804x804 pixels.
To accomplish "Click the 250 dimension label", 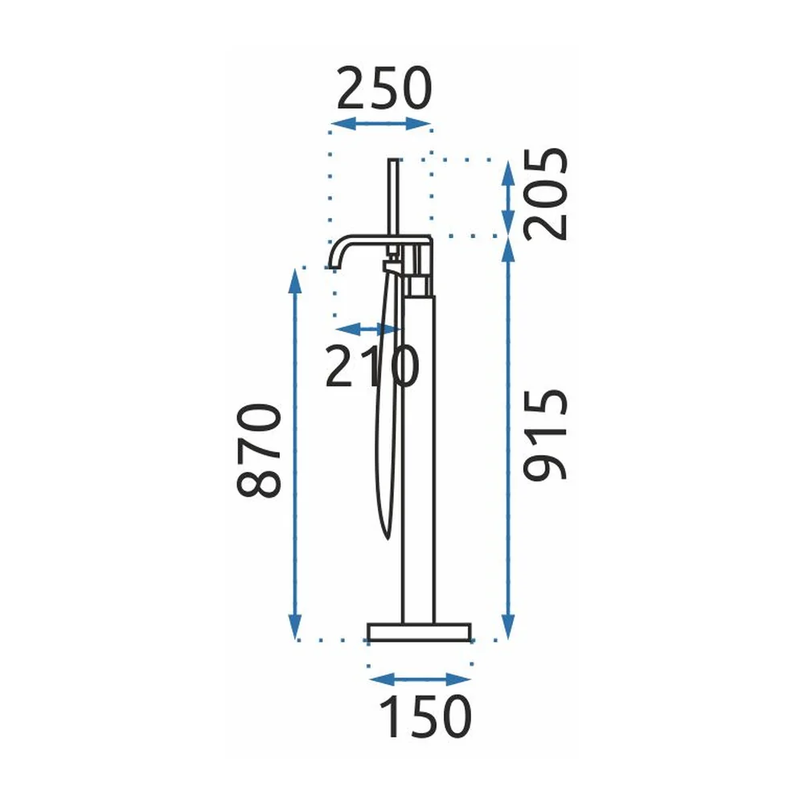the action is tap(384, 88).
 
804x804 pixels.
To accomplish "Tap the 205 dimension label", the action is tap(546, 194).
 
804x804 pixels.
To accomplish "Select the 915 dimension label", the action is tap(546, 435).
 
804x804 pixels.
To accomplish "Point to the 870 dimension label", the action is tap(259, 451).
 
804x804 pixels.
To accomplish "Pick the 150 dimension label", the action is tap(425, 716).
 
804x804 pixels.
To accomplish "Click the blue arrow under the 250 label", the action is tap(381, 124).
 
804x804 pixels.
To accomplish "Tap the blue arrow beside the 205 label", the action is tap(507, 199).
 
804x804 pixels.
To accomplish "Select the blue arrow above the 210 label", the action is tap(368, 329).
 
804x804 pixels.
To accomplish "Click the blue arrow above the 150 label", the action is tap(420, 680).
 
